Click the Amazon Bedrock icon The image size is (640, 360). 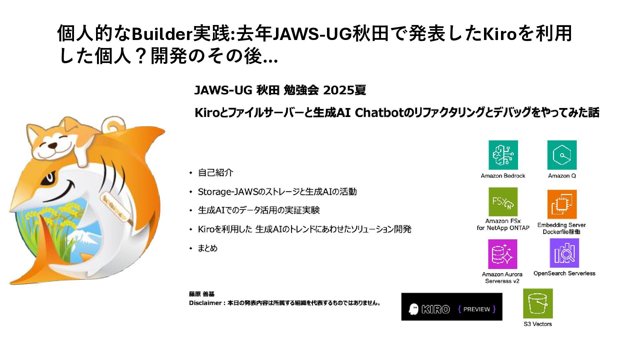(x=503, y=155)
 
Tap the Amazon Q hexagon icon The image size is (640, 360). (x=562, y=155)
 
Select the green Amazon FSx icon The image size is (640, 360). (x=503, y=202)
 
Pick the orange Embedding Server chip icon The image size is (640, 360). (x=562, y=204)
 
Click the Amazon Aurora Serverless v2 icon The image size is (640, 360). (x=502, y=254)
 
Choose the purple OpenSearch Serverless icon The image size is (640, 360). (x=564, y=253)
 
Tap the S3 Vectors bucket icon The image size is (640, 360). (x=538, y=303)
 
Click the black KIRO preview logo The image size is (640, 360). (x=452, y=307)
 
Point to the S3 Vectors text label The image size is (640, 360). (x=538, y=324)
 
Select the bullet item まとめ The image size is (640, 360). (x=207, y=248)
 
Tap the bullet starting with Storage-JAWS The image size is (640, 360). (x=277, y=192)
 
